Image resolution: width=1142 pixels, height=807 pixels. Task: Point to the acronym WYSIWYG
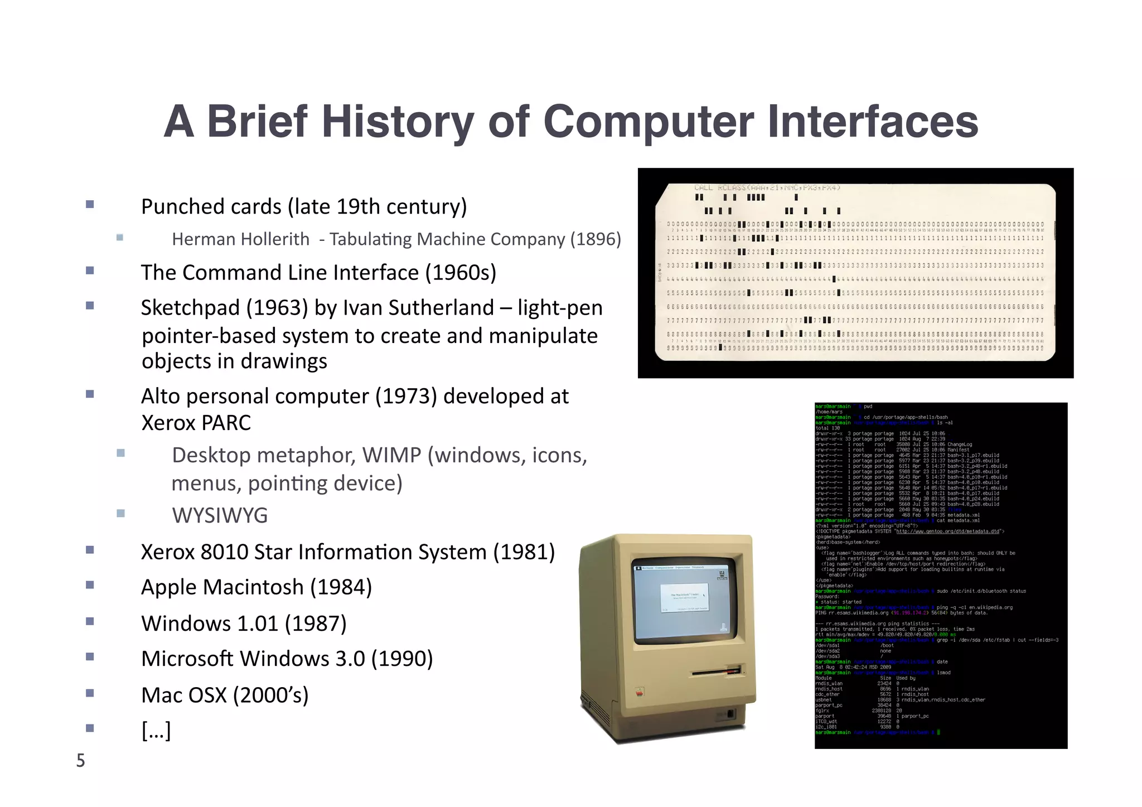tap(220, 515)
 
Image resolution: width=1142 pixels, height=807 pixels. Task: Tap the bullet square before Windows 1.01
tap(90, 621)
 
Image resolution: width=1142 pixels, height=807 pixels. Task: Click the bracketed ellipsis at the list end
tap(156, 730)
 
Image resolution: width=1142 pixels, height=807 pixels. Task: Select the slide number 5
tap(81, 761)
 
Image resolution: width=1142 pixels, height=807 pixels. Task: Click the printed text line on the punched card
tap(767, 188)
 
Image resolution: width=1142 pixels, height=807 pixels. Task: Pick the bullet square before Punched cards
tap(90, 205)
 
